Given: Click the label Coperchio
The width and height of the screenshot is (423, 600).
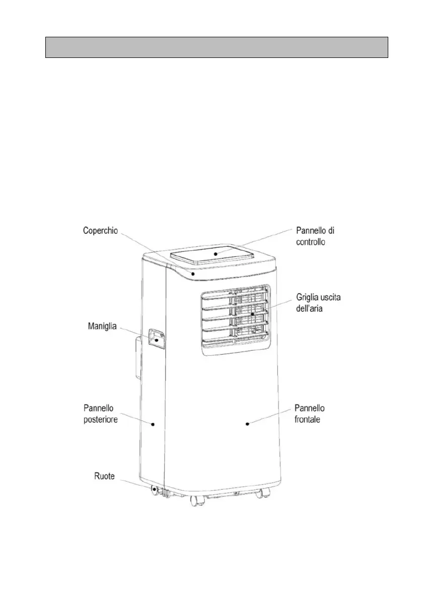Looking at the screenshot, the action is click(x=101, y=230).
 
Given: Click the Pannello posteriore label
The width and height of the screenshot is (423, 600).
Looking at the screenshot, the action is click(x=101, y=413).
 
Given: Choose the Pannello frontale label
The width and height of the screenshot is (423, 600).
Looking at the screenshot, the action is click(x=310, y=413).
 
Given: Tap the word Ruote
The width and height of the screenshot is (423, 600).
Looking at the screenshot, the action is click(x=105, y=476).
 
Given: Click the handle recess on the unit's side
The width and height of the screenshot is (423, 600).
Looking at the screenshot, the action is click(x=157, y=338).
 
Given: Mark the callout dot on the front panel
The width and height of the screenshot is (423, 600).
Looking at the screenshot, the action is click(x=248, y=424).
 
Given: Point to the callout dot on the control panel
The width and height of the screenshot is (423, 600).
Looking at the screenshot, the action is click(x=215, y=253).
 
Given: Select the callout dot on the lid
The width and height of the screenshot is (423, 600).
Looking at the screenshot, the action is click(x=192, y=273).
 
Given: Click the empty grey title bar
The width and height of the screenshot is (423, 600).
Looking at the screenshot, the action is click(x=217, y=47).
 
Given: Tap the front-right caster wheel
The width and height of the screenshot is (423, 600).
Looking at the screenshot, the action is click(x=260, y=494).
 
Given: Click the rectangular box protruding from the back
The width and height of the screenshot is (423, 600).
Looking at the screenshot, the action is click(x=135, y=359).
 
